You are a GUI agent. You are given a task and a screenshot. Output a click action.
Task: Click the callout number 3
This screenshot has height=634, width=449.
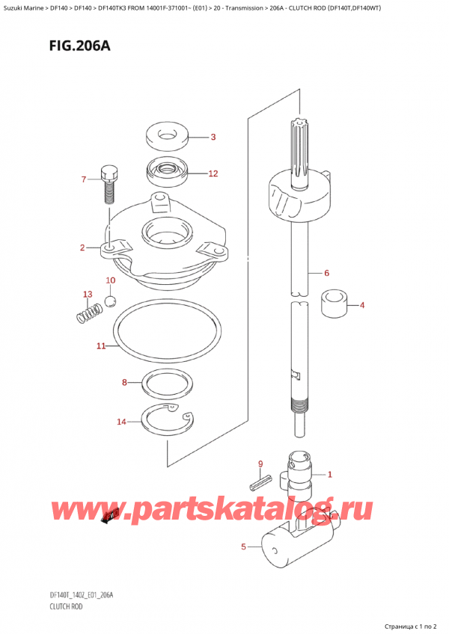[x=213, y=137]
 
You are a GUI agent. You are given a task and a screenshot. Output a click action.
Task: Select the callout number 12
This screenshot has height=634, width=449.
[x=213, y=173]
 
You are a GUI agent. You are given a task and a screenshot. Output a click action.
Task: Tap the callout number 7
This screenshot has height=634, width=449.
[x=84, y=179]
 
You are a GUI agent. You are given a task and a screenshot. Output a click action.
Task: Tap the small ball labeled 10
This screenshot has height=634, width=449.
[x=110, y=301]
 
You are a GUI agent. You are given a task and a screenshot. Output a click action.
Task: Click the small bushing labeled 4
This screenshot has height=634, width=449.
[x=335, y=304]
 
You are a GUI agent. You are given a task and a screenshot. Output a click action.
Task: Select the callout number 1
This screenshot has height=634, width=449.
[x=330, y=474]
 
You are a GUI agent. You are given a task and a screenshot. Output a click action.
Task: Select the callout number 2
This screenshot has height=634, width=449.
[x=82, y=247]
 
